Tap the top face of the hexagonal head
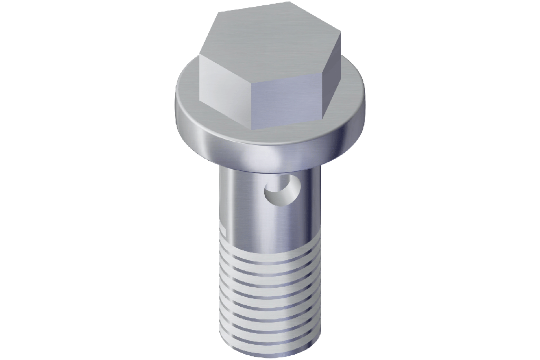click(x=269, y=42)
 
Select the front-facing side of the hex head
click(x=285, y=103)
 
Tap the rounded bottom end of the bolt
click(x=269, y=351)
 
